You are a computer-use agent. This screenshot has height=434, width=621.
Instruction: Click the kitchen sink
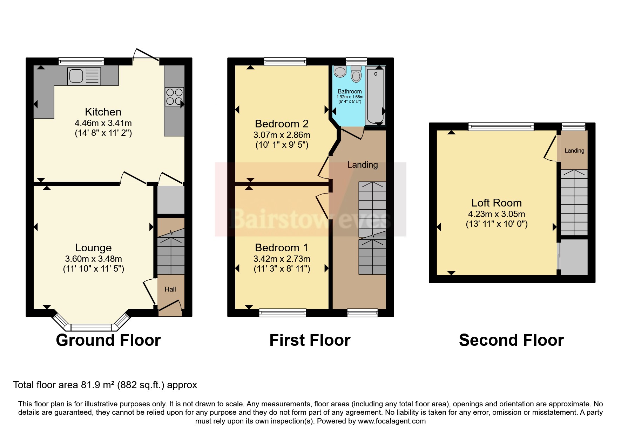coord(84,76)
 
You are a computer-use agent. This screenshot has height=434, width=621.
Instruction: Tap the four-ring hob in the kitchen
coord(174,97)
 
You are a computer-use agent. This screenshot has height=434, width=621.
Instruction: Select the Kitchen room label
coord(103,112)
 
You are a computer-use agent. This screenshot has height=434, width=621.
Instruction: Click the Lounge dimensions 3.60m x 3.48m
coord(93,259)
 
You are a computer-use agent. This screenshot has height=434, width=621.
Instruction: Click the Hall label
coord(170,289)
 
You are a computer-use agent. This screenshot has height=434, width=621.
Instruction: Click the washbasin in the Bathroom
coord(340,72)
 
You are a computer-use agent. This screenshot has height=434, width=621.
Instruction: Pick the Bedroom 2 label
coord(282,124)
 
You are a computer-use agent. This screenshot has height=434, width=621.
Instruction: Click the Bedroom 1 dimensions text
coord(282,259)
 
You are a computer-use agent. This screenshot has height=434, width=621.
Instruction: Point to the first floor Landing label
coord(363,165)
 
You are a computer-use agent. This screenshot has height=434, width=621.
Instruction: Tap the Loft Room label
coord(496,203)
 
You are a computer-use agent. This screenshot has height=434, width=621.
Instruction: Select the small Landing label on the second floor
coord(574,151)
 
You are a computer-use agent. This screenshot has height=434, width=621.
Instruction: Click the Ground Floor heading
coord(108,340)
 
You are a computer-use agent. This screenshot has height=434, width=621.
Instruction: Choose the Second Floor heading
coord(511,340)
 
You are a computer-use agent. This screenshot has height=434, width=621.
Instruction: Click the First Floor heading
coord(310,340)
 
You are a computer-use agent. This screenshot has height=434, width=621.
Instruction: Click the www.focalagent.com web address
coord(392,421)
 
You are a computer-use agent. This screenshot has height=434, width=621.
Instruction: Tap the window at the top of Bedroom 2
coord(285,62)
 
